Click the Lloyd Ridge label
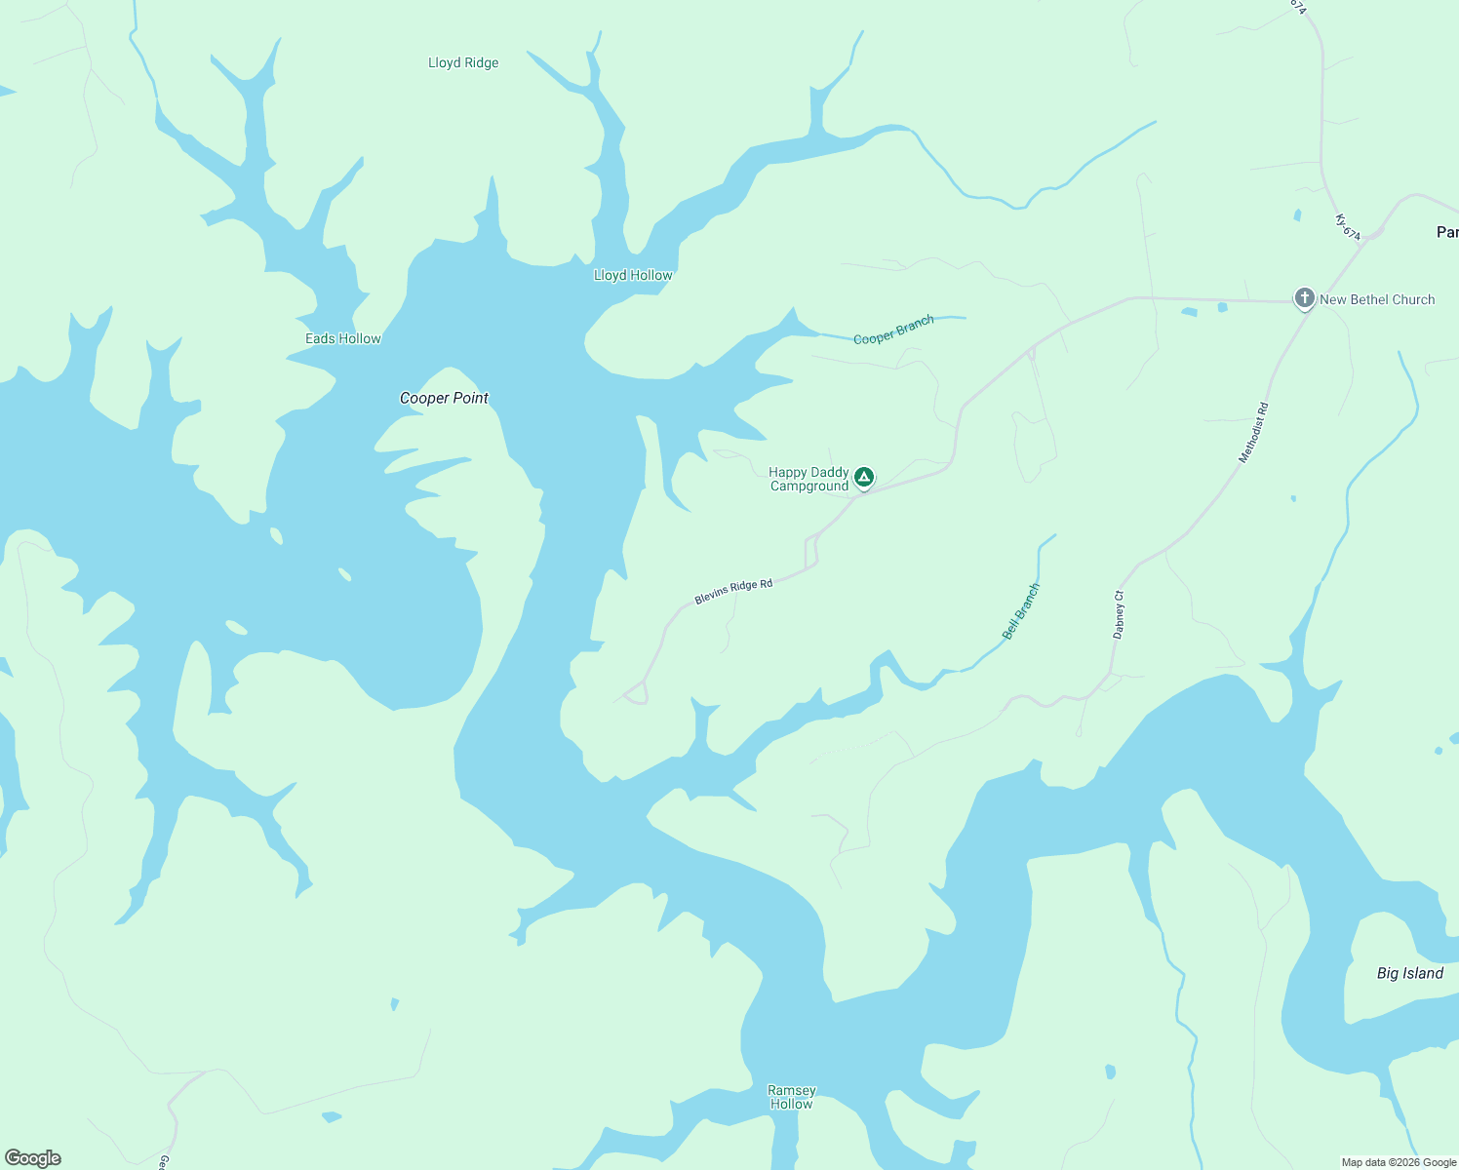click(463, 63)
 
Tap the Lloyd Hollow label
click(633, 276)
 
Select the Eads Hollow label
click(343, 339)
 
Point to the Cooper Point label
click(444, 398)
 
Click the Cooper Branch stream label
click(893, 331)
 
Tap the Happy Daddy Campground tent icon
click(863, 477)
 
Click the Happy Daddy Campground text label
click(808, 480)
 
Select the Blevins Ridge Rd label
click(733, 592)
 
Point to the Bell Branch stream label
click(1021, 611)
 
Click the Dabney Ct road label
click(1119, 614)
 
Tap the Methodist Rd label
click(1254, 432)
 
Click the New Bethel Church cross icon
click(1304, 298)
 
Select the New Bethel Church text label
click(1377, 300)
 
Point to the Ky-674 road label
click(1348, 228)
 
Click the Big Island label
click(1409, 974)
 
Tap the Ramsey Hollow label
click(791, 1097)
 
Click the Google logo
click(33, 1158)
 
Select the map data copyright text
click(1399, 1162)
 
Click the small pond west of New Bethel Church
click(1189, 312)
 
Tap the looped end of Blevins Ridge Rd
click(637, 693)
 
